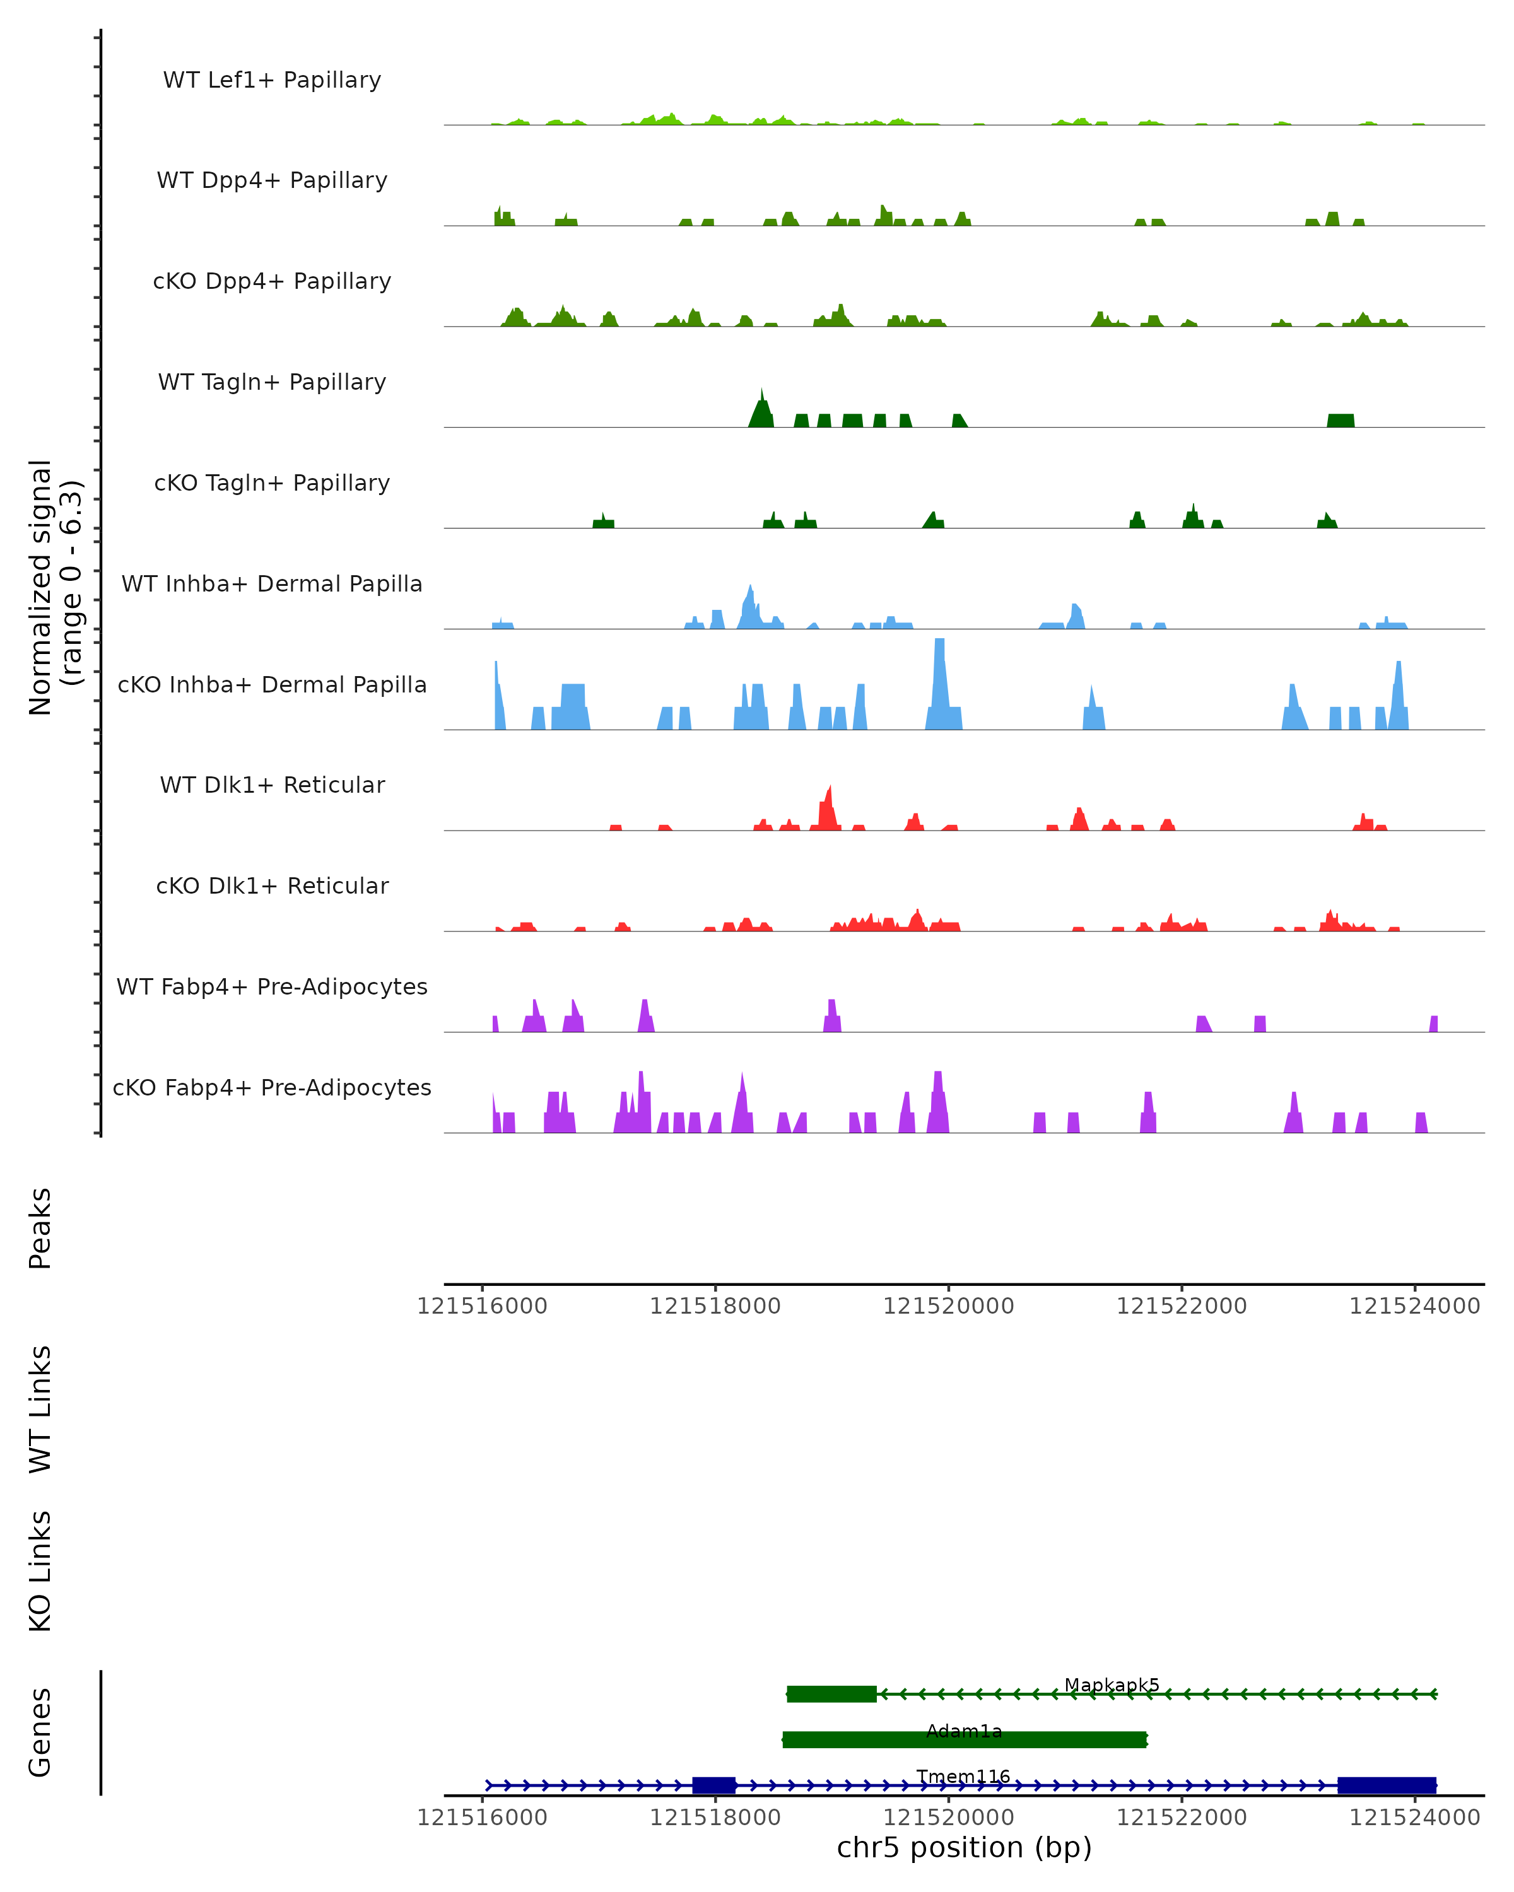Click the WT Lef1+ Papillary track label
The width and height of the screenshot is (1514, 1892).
[272, 80]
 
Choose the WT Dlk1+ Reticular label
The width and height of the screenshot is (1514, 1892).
[272, 785]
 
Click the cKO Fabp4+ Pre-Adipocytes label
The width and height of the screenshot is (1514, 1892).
[272, 1087]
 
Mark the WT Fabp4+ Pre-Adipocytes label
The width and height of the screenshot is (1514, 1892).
[272, 986]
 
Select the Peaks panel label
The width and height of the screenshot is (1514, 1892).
[40, 1228]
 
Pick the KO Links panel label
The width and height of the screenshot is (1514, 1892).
[40, 1571]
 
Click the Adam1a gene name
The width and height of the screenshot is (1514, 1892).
[964, 1731]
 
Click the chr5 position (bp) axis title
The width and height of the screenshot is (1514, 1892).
[964, 1847]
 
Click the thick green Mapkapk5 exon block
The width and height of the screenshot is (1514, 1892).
[831, 1694]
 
